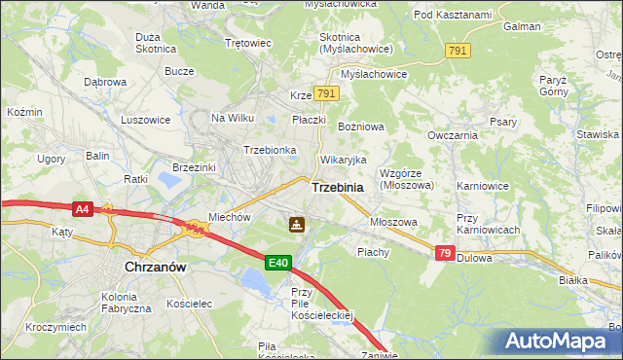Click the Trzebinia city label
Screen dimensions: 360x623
point(338,187)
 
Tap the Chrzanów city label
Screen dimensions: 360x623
point(156,265)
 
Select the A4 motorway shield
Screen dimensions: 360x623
point(82,208)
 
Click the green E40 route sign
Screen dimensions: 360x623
point(278,262)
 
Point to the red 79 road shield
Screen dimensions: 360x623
point(444,253)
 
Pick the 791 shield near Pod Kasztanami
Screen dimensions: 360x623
point(458,50)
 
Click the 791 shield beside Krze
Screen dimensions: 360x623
point(326,94)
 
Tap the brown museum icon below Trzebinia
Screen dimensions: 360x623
point(295,226)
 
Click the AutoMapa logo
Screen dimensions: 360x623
point(560,342)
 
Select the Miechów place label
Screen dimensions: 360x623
point(231,217)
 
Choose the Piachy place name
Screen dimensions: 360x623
point(373,251)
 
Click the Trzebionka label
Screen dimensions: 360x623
point(270,150)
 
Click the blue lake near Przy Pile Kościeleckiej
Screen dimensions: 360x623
point(255,282)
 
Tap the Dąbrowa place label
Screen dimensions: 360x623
point(105,83)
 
